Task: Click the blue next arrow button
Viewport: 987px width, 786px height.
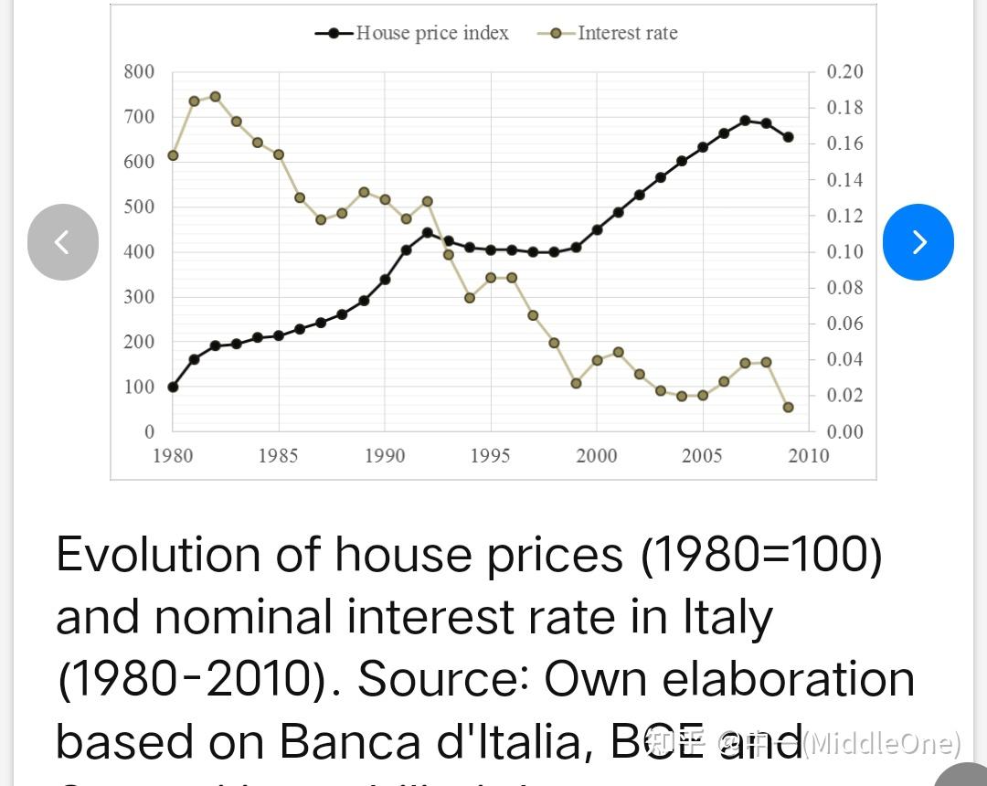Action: pyautogui.click(x=918, y=241)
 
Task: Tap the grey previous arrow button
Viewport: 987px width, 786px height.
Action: pyautogui.click(x=63, y=241)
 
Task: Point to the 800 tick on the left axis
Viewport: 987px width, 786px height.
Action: pyautogui.click(x=139, y=72)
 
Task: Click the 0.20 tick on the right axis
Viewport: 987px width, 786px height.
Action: pyautogui.click(x=844, y=72)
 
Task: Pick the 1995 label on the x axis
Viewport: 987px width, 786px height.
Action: pyautogui.click(x=490, y=455)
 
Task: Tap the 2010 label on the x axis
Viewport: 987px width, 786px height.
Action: pyautogui.click(x=808, y=455)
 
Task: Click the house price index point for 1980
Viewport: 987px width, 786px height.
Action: pyautogui.click(x=173, y=387)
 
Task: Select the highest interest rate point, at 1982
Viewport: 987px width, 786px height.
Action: pyautogui.click(x=215, y=96)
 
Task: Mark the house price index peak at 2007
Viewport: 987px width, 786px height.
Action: pyautogui.click(x=745, y=121)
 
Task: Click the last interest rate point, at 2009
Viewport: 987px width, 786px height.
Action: pyautogui.click(x=788, y=407)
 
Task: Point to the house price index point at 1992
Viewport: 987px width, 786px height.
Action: pyautogui.click(x=427, y=232)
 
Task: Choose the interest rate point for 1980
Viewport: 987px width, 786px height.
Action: pyautogui.click(x=173, y=155)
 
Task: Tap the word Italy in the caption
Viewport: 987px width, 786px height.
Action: pyautogui.click(x=727, y=617)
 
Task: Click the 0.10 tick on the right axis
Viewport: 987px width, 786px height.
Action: pyautogui.click(x=844, y=251)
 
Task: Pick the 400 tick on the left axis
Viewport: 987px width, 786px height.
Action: pyautogui.click(x=139, y=251)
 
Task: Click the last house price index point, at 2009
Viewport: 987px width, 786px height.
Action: pyautogui.click(x=788, y=137)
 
